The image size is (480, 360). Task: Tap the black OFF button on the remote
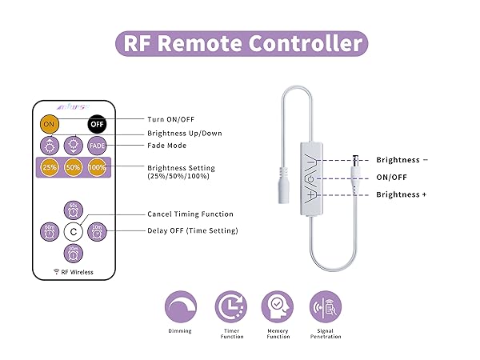(x=97, y=125)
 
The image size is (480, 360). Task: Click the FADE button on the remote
(x=97, y=146)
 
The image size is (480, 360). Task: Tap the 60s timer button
(x=73, y=210)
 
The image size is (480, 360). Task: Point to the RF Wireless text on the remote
(x=73, y=272)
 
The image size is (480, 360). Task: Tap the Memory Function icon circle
(x=278, y=306)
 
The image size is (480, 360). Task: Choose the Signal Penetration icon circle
(x=325, y=306)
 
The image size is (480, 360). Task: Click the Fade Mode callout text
(x=167, y=146)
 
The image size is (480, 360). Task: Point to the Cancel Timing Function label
(x=190, y=214)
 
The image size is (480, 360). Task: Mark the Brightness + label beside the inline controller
(x=402, y=194)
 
